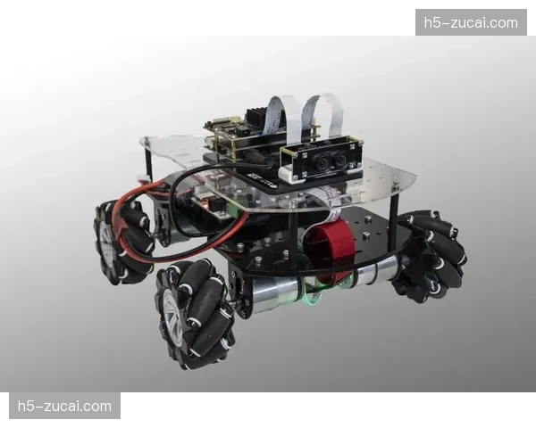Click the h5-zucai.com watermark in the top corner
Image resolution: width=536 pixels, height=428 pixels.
pyautogui.click(x=471, y=23)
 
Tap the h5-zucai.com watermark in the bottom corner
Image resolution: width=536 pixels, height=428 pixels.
pyautogui.click(x=64, y=407)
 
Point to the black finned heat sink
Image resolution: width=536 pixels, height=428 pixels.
pyautogui.click(x=256, y=116)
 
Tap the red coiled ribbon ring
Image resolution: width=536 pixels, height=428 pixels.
pyautogui.click(x=331, y=246)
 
